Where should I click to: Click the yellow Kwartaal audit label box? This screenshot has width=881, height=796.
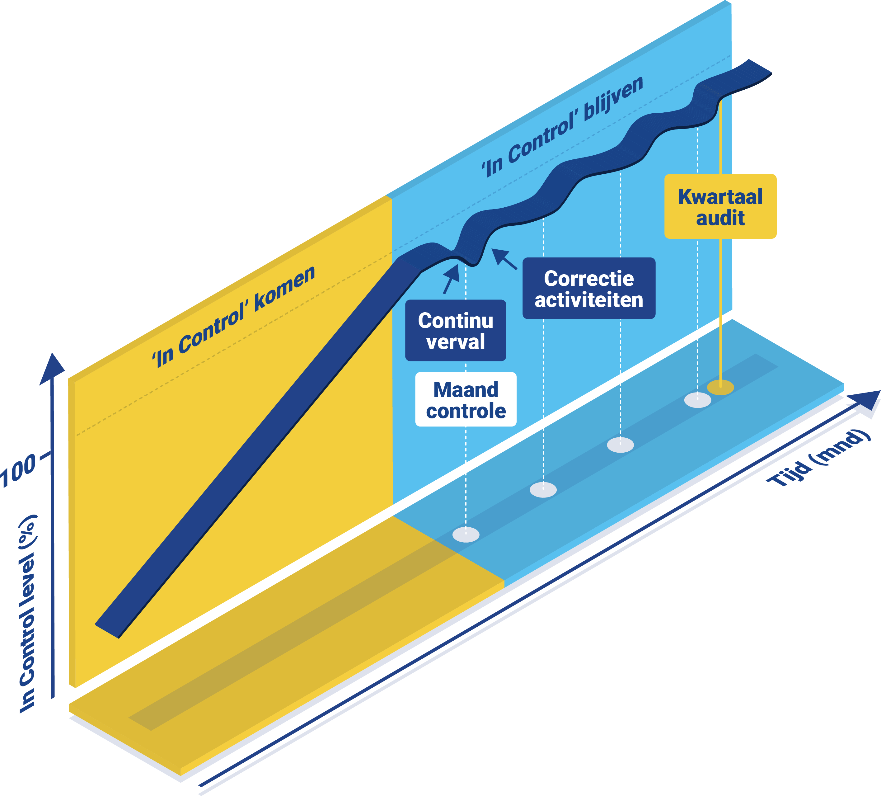tap(720, 206)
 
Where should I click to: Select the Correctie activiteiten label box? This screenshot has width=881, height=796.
tap(589, 289)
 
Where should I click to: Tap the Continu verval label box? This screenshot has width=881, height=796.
tap(455, 331)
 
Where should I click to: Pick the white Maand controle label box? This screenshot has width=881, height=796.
tap(466, 399)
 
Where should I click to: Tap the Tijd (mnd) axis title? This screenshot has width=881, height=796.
tap(817, 459)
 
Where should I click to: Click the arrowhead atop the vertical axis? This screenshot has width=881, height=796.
tap(53, 370)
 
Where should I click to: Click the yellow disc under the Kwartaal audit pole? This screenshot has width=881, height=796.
tap(720, 387)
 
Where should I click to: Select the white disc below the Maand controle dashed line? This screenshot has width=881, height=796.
tap(466, 535)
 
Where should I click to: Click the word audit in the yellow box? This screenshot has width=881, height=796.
tap(720, 218)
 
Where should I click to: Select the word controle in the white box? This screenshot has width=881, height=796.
tap(466, 411)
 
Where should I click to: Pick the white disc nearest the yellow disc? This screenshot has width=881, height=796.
tap(697, 400)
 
